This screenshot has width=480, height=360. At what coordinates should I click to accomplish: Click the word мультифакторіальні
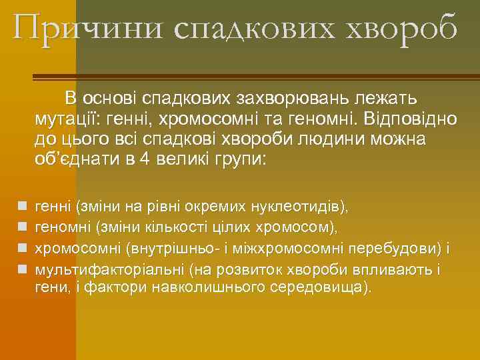[x=108, y=270]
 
